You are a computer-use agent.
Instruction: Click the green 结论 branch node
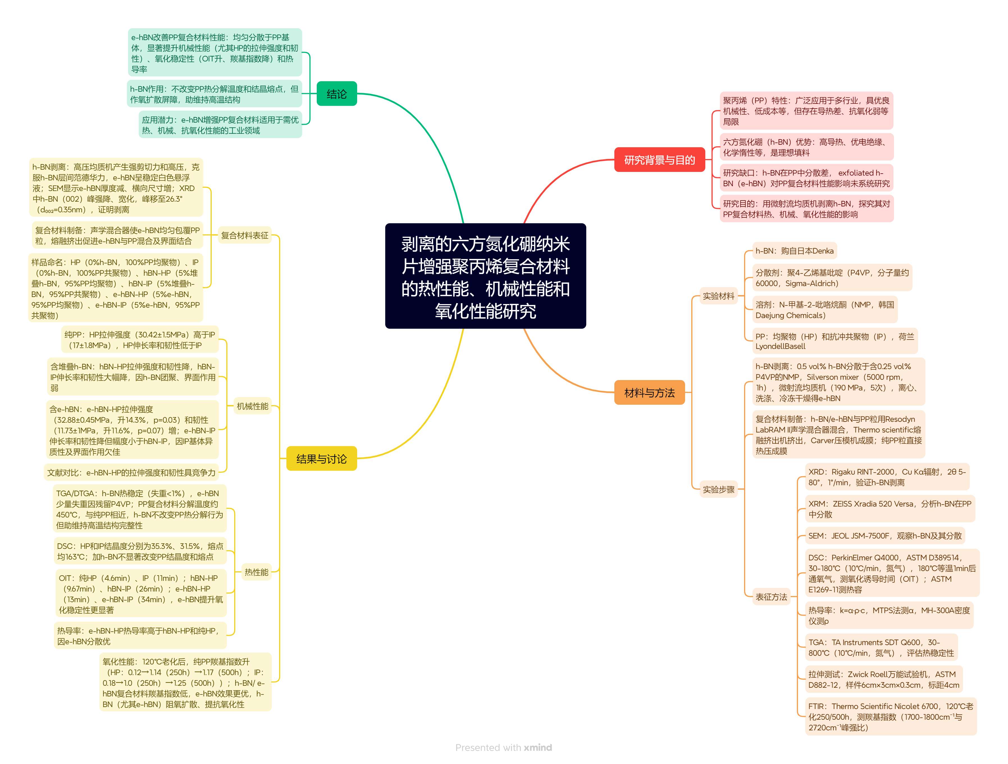[x=336, y=94]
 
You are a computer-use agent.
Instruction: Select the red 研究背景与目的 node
[x=659, y=160]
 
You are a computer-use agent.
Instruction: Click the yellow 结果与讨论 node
[x=321, y=459]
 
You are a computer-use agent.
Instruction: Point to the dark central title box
[x=485, y=276]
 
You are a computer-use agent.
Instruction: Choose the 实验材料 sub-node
[x=718, y=296]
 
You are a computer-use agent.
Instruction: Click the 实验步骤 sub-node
[x=718, y=489]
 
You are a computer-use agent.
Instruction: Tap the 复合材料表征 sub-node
[x=245, y=235]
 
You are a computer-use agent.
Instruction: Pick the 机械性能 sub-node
[x=252, y=406]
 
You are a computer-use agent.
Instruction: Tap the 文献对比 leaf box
[x=131, y=473]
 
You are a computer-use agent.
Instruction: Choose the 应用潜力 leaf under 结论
[x=220, y=125]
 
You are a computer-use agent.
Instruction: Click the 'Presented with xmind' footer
[x=503, y=748]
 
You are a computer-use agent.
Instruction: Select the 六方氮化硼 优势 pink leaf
[x=806, y=147]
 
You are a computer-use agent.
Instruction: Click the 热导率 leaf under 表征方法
[x=889, y=616]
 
